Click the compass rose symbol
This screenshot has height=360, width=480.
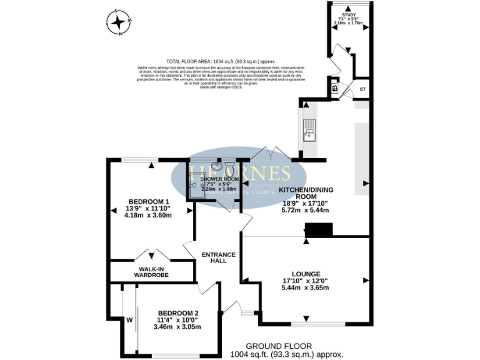[119, 22]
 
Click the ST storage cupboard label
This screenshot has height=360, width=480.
[362, 90]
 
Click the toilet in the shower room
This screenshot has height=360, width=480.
[229, 167]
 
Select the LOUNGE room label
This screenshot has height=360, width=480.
[305, 274]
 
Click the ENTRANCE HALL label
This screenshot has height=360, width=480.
[218, 257]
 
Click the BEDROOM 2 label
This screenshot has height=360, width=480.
[178, 313]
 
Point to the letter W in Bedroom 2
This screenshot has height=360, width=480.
[129, 321]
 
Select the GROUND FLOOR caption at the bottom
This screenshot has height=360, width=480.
[278, 346]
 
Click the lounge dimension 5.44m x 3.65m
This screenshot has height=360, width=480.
[305, 288]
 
